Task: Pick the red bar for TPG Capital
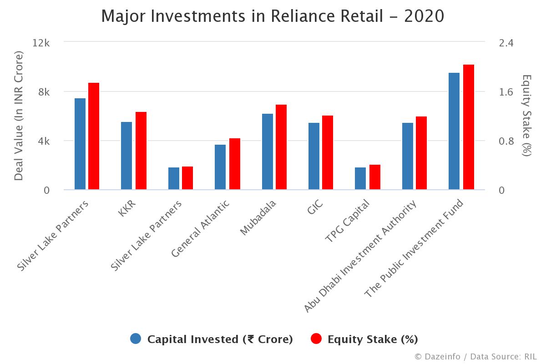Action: [375, 177]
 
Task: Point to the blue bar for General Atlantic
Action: [220, 167]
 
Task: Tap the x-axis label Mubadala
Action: [258, 218]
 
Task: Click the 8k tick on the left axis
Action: [44, 92]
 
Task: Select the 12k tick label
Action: [41, 43]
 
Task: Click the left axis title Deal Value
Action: [19, 116]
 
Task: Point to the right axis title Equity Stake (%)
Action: [526, 116]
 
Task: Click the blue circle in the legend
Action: [136, 339]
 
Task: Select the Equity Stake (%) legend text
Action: [373, 339]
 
